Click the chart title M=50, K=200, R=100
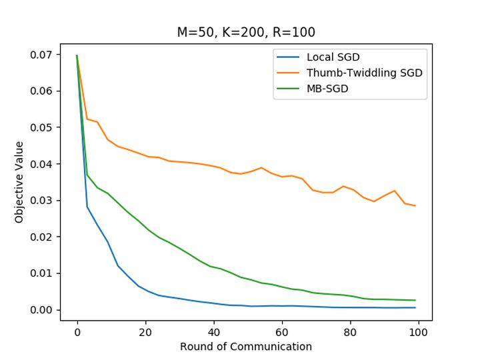(x=246, y=32)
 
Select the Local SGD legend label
(x=333, y=57)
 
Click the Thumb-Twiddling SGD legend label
(x=364, y=73)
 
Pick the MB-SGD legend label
(x=327, y=89)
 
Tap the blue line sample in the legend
(x=289, y=57)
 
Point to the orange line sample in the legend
(x=289, y=73)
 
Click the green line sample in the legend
(x=289, y=89)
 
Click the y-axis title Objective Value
(x=19, y=182)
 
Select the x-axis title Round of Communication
(x=246, y=347)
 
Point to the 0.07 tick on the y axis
(x=41, y=55)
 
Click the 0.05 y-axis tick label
(x=41, y=127)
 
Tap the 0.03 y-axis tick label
(x=41, y=201)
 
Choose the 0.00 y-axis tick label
(x=41, y=310)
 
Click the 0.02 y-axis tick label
(x=41, y=237)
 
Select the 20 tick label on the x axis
(x=145, y=331)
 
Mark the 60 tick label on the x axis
(x=282, y=331)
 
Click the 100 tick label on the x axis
(x=419, y=331)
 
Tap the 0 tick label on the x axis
(x=77, y=331)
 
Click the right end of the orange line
(x=415, y=205)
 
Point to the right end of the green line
(x=415, y=300)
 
